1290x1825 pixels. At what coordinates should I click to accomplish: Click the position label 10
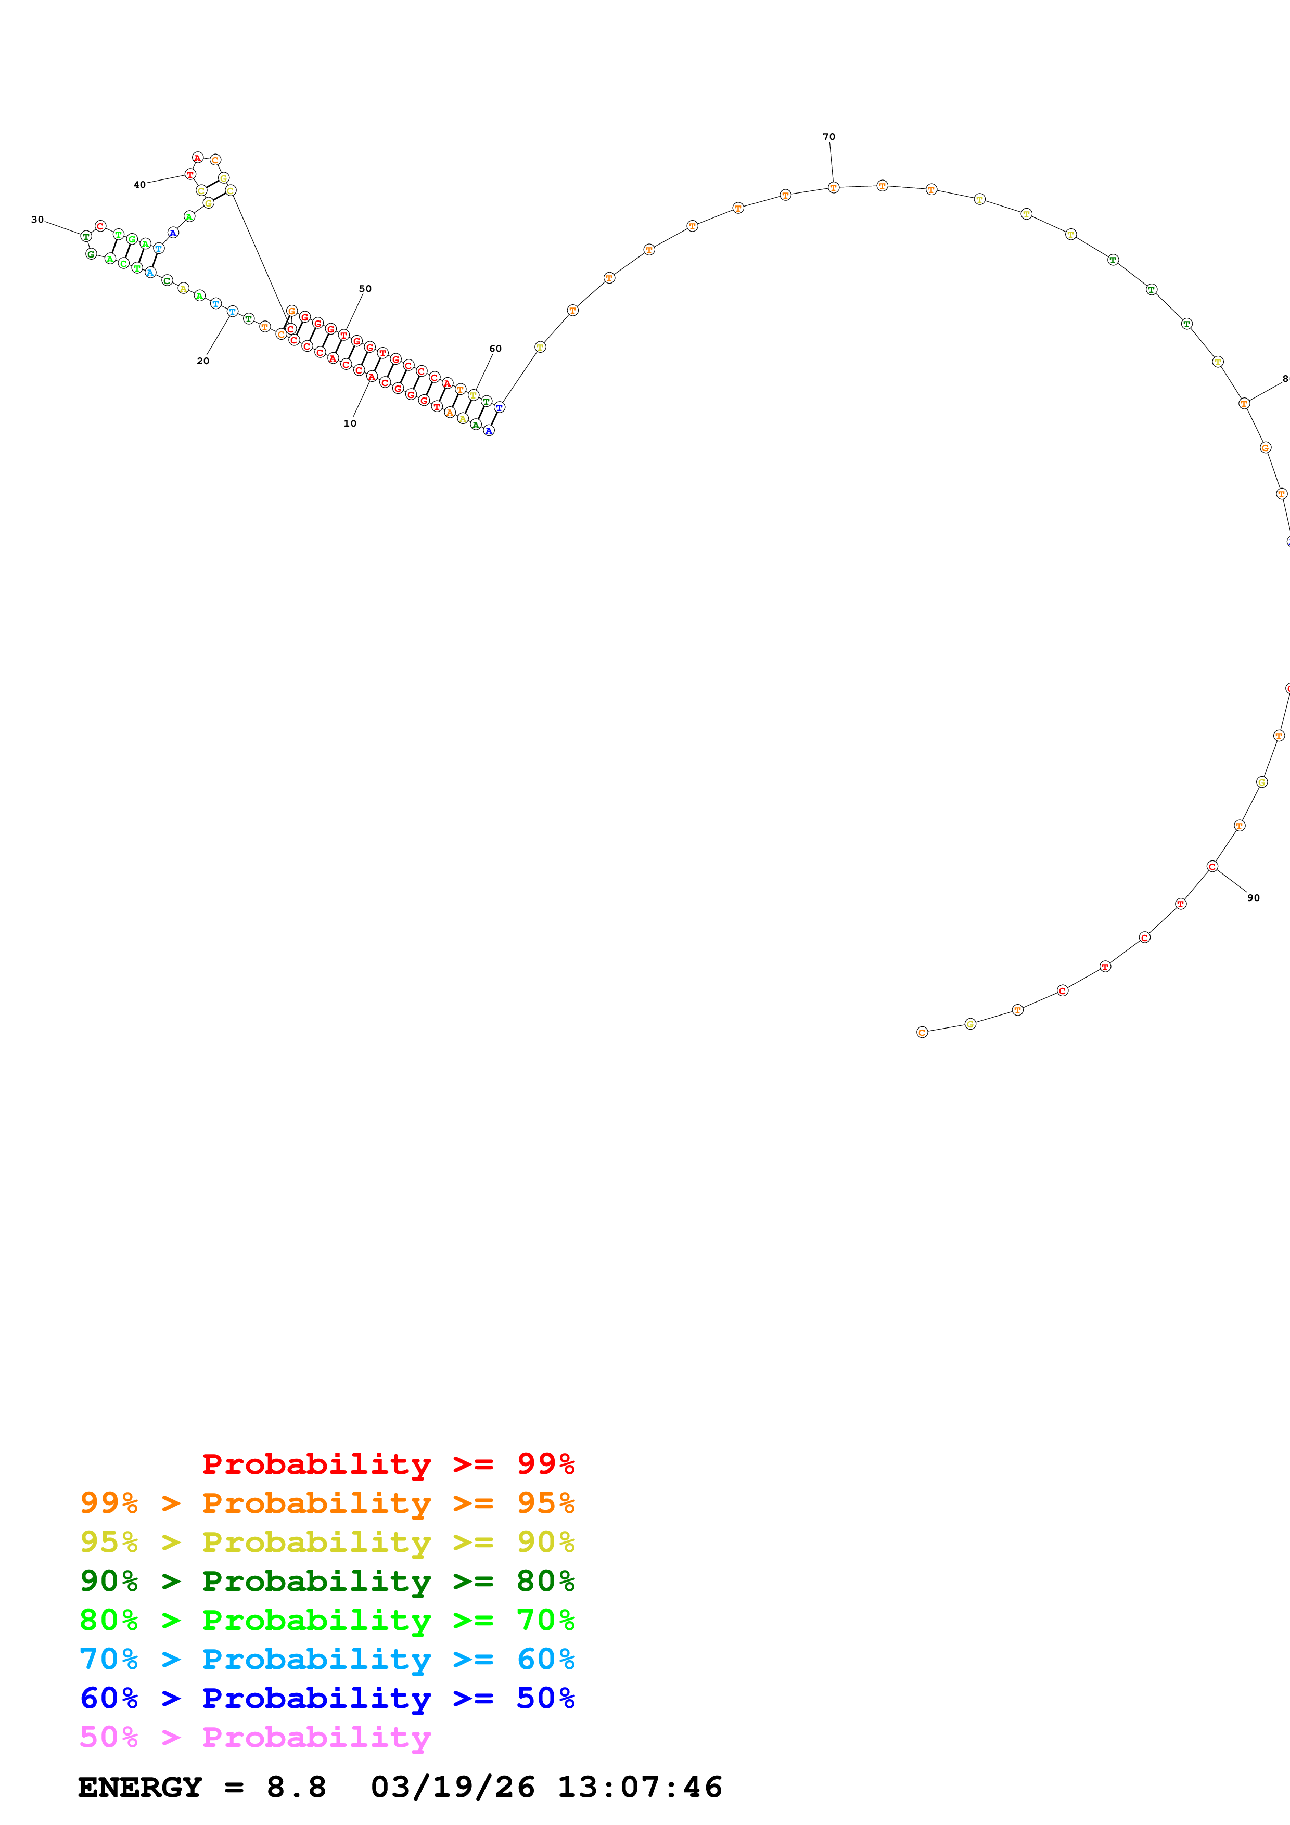[x=350, y=423]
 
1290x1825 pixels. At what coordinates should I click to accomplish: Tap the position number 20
[x=202, y=361]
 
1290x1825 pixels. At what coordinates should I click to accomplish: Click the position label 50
[x=365, y=289]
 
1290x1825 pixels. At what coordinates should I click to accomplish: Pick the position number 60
[x=495, y=348]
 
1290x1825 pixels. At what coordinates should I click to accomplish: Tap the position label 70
[x=828, y=137]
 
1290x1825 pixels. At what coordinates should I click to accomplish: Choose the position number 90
[x=1253, y=898]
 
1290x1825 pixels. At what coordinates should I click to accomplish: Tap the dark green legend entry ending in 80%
[x=327, y=1582]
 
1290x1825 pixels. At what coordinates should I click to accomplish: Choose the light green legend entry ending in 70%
[x=327, y=1621]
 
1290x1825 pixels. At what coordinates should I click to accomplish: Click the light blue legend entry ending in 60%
[x=327, y=1660]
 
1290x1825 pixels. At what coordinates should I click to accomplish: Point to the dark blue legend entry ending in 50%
[x=327, y=1699]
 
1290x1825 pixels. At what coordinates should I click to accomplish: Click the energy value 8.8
[x=296, y=1788]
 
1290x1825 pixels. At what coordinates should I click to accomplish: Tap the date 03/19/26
[x=452, y=1788]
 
